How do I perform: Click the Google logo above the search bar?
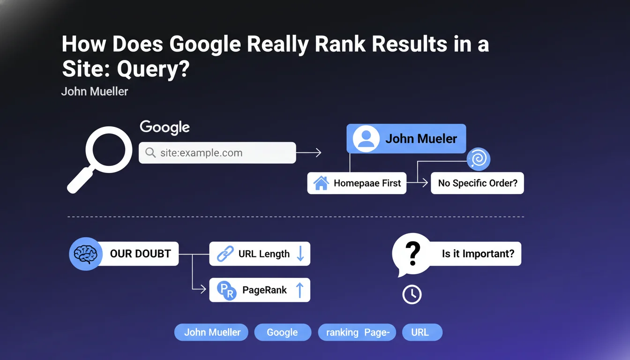coord(165,127)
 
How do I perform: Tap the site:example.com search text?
coord(202,153)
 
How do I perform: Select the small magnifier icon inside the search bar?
coord(150,153)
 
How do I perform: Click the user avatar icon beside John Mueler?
coord(366,139)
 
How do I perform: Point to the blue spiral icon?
coord(479,159)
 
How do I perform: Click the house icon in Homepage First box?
coord(321,183)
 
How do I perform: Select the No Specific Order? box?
coord(477,183)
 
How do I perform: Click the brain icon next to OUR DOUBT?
coord(85,254)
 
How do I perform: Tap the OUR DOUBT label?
coord(140,254)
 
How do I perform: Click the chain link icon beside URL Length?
coord(225,254)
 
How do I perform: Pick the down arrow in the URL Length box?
coord(300,254)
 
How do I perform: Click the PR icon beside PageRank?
coord(227,290)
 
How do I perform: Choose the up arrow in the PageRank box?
coord(300,290)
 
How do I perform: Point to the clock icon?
coord(412,294)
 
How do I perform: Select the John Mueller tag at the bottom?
coord(211,332)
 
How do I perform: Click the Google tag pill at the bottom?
coord(283,332)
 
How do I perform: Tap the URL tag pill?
coord(422,332)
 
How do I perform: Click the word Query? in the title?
coord(153,69)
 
